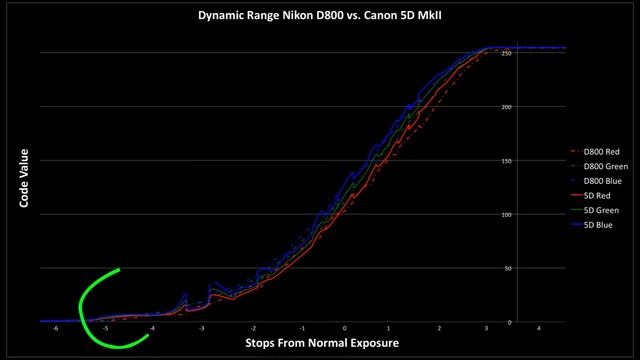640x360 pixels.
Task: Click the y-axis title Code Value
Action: click(22, 180)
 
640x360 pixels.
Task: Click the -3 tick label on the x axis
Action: click(203, 328)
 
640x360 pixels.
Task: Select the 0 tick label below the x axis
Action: click(345, 328)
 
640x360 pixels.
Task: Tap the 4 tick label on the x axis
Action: click(538, 328)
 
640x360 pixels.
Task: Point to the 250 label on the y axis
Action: click(507, 53)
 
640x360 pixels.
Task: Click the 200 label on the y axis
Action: click(507, 107)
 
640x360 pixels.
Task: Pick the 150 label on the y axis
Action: click(507, 161)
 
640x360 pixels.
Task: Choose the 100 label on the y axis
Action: click(507, 214)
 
